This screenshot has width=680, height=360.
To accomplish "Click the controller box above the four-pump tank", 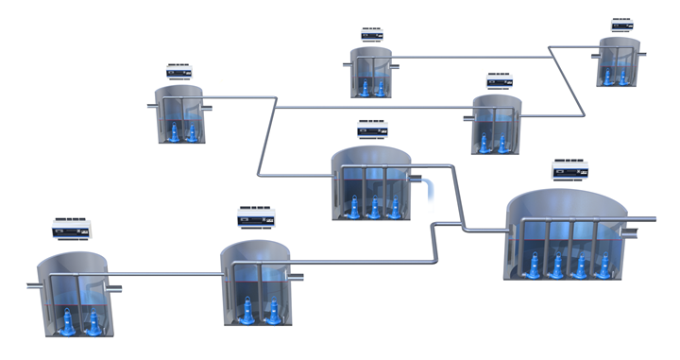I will [x=569, y=170].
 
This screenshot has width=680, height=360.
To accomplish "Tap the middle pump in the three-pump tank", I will [x=374, y=207].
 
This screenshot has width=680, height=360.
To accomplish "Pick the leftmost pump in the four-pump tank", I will [x=535, y=267].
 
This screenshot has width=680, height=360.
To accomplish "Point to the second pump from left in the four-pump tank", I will [x=558, y=266].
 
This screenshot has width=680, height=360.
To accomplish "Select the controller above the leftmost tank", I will [x=72, y=228].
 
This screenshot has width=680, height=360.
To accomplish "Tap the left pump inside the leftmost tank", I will [x=68, y=323].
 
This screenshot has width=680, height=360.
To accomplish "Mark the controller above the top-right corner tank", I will [x=621, y=24].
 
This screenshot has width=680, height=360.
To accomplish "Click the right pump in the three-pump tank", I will [x=394, y=205].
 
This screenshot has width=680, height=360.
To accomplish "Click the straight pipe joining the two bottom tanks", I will [x=165, y=275].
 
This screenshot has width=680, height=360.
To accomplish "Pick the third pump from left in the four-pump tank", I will [x=580, y=266].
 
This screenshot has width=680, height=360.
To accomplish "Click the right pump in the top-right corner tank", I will [x=625, y=72].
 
